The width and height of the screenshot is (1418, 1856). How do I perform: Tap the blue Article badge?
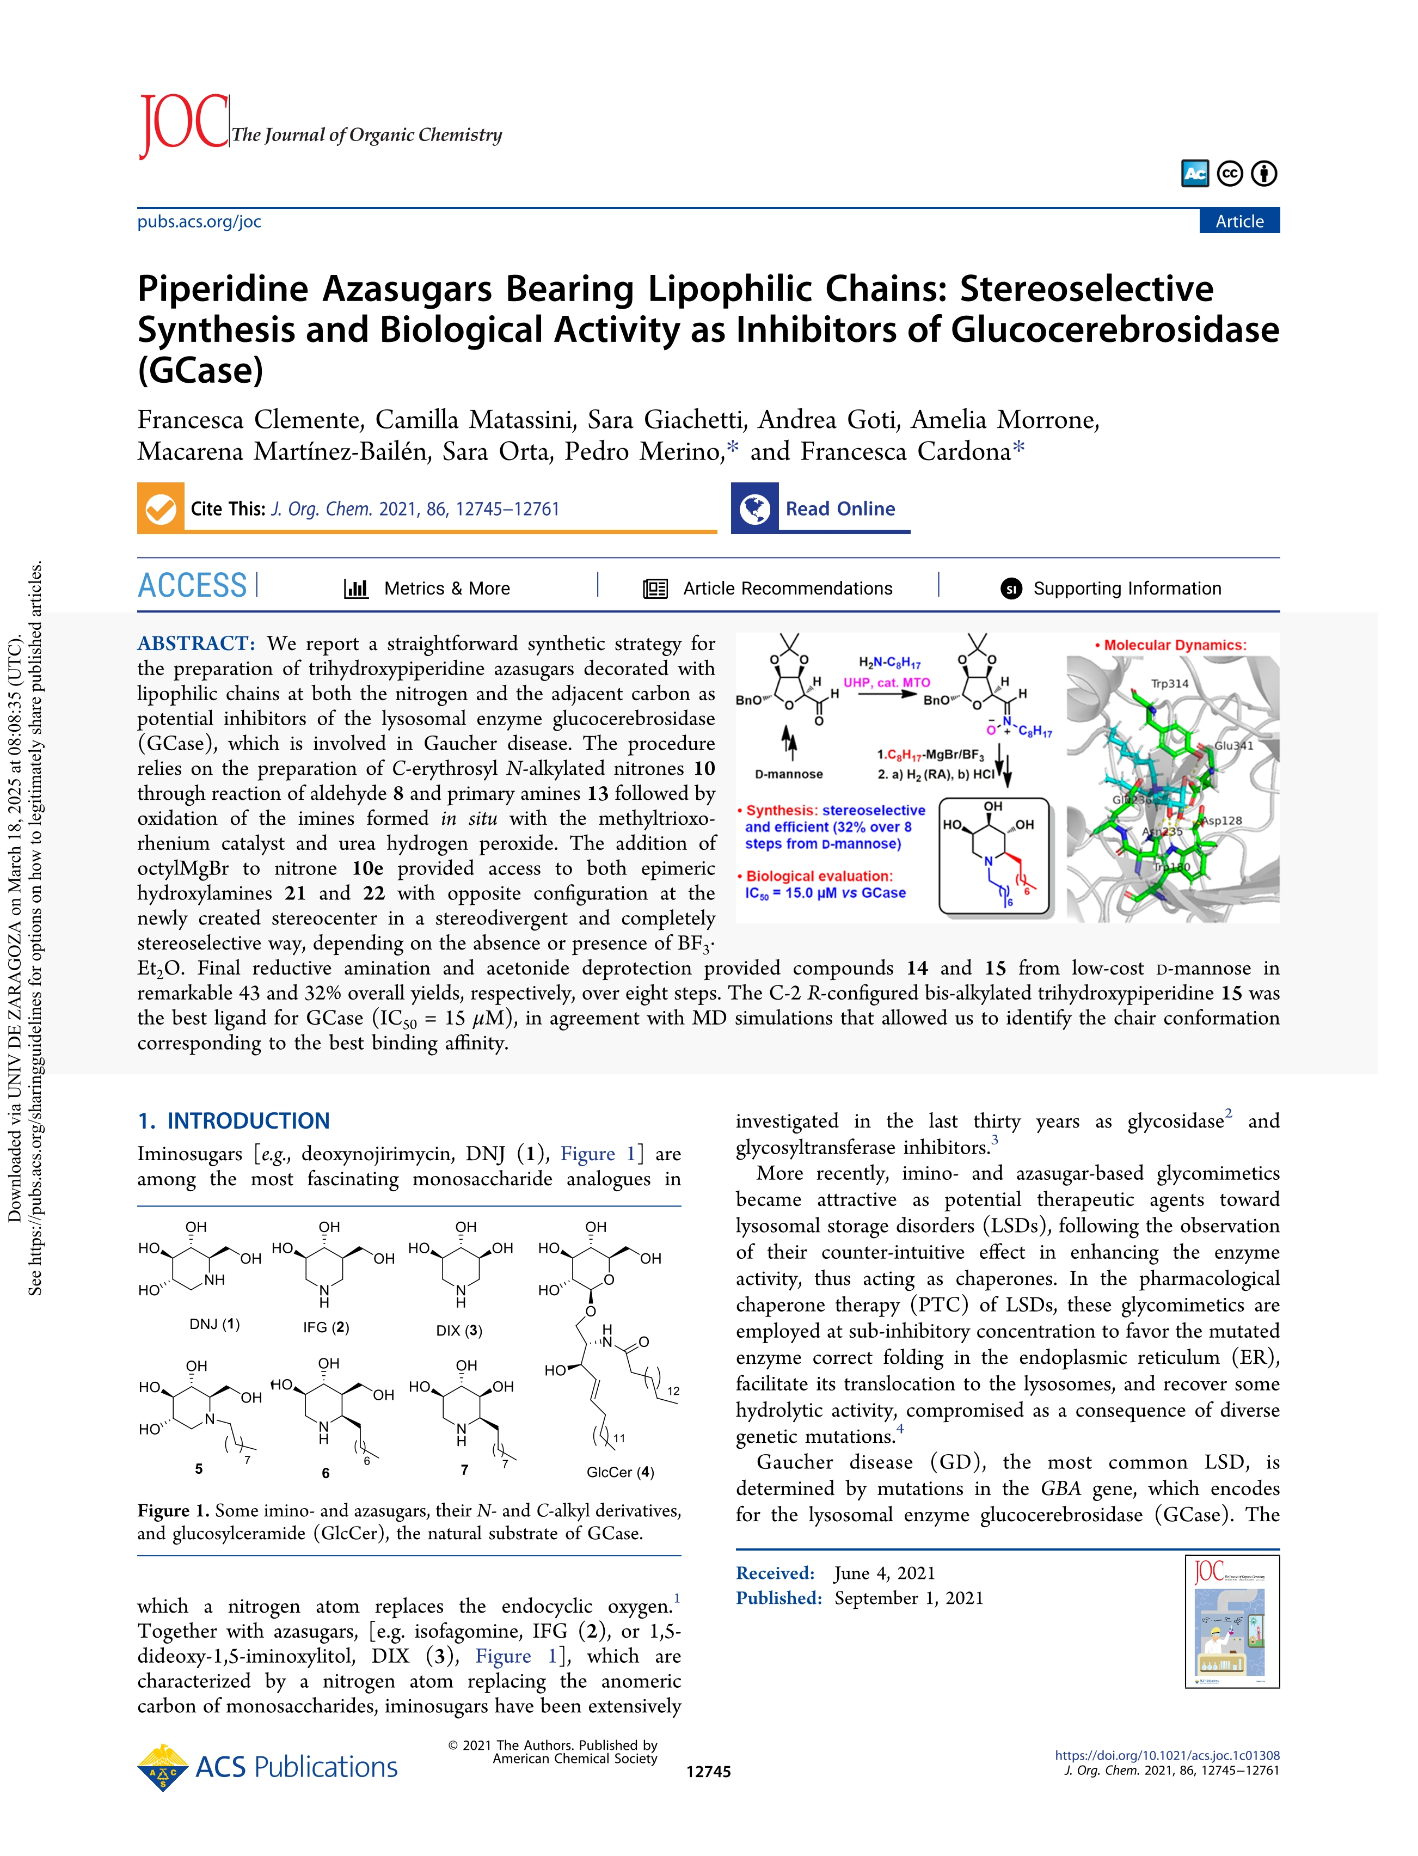click(x=1238, y=221)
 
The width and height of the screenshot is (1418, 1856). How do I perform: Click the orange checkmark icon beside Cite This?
click(x=161, y=508)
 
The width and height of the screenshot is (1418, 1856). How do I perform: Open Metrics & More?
click(x=428, y=589)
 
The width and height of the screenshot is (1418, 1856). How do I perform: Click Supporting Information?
click(x=1111, y=589)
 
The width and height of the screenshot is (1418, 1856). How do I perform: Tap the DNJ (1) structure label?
click(x=214, y=1324)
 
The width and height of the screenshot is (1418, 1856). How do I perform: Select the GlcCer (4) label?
click(x=621, y=1472)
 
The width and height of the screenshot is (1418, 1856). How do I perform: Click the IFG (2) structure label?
click(x=326, y=1327)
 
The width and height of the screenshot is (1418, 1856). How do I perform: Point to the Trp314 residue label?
click(x=1169, y=684)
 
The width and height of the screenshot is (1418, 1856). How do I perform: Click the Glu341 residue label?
click(x=1234, y=745)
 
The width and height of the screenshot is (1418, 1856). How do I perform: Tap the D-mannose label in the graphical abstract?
click(x=788, y=774)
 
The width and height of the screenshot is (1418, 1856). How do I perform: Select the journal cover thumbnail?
click(x=1232, y=1622)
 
